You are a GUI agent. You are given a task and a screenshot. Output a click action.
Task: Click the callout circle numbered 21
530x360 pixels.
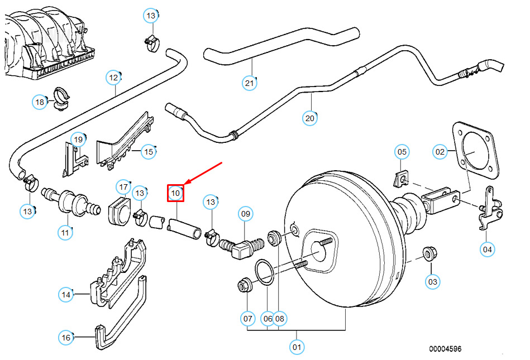[x=249, y=83]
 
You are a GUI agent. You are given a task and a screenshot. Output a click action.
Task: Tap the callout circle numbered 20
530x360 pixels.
[x=310, y=118]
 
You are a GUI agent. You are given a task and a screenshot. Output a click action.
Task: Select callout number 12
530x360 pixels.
[x=114, y=77]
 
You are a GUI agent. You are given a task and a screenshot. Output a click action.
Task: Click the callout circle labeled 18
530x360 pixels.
[x=40, y=102]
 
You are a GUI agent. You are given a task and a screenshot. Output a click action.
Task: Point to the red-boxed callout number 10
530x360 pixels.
[x=176, y=193]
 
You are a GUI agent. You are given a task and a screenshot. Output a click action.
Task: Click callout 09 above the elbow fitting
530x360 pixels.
[x=246, y=213]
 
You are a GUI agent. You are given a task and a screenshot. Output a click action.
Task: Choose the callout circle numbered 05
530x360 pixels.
[x=402, y=151]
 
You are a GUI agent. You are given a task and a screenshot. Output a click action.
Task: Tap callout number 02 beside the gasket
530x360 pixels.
[x=441, y=151]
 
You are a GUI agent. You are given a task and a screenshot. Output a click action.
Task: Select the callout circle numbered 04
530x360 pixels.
[x=488, y=249]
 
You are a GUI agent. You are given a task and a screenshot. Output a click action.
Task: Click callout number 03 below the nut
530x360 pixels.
[x=433, y=282]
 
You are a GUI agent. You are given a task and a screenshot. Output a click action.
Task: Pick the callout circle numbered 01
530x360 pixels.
[x=297, y=347]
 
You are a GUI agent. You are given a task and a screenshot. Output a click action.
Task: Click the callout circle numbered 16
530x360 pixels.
[x=66, y=337]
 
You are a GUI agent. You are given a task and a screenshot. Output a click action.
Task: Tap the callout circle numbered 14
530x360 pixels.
[x=66, y=294]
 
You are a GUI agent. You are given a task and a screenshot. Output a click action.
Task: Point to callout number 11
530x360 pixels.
[x=66, y=232]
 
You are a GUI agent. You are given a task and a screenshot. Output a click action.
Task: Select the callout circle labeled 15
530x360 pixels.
[x=148, y=151]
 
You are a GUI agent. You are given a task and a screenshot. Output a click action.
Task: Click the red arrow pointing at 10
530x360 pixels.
[x=204, y=172]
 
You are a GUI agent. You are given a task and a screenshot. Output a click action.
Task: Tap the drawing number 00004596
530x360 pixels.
[x=445, y=349]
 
